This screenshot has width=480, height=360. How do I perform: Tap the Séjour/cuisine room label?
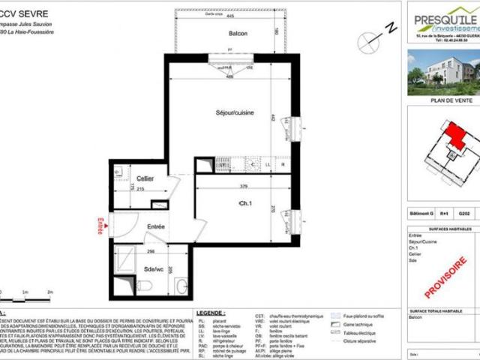point(235,112)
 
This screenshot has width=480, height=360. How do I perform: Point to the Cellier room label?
point(135,178)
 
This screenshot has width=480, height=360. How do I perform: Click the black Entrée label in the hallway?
point(155,226)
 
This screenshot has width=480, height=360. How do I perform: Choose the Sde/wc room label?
point(154,268)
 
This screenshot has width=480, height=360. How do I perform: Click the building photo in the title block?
point(443,71)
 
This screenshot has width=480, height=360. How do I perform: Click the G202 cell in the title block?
point(464,213)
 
